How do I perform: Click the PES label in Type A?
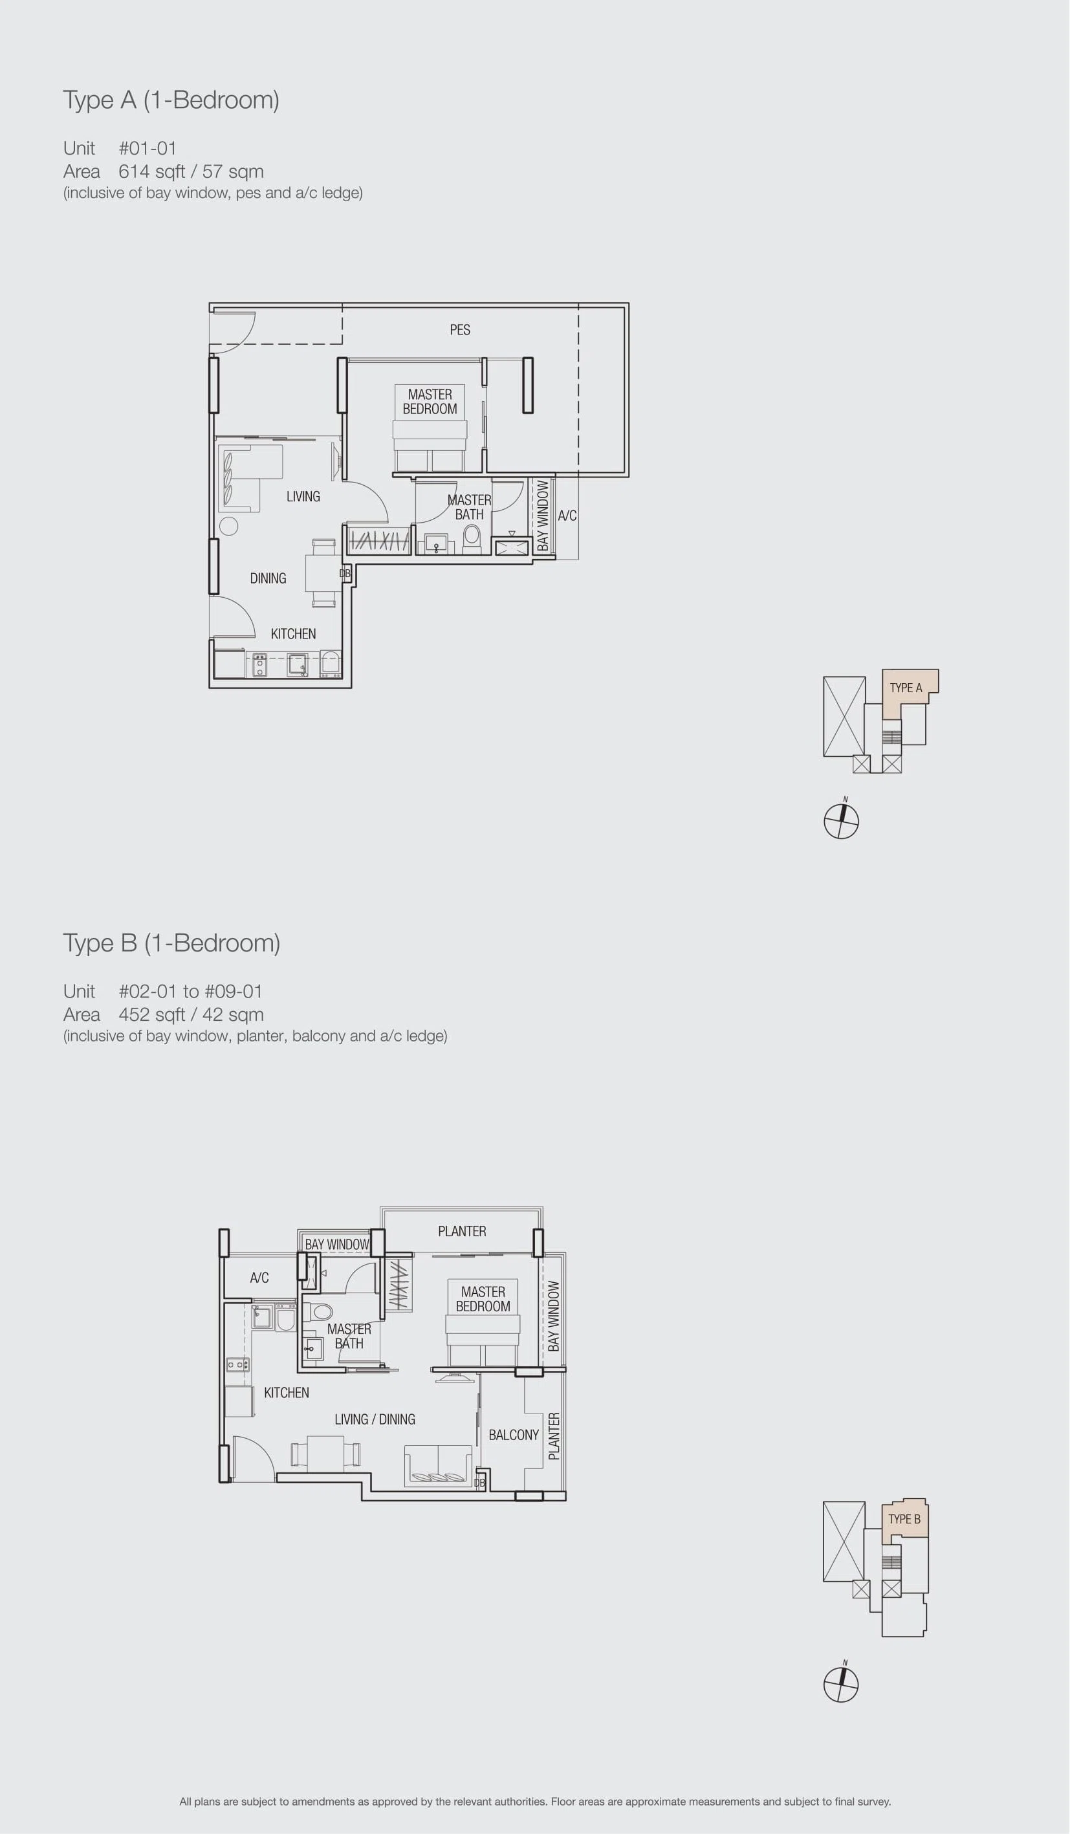coord(460,330)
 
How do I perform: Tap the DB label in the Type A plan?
coord(345,573)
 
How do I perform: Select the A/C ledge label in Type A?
coord(567,515)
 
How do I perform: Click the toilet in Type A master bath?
coord(472,538)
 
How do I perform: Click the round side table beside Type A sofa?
coord(228,525)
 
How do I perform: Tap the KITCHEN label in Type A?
coord(293,634)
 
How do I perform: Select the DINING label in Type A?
coord(268,578)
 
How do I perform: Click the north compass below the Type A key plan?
coord(842,821)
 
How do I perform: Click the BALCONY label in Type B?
coord(514,1434)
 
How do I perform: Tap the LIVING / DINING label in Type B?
coord(375,1419)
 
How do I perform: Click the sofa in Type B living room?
coord(438,1466)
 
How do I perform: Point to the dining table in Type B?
coord(325,1454)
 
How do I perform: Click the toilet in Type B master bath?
coord(318,1312)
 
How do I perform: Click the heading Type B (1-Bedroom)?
coord(172,943)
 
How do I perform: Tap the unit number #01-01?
coord(147,149)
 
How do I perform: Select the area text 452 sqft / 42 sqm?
coord(191,1014)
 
